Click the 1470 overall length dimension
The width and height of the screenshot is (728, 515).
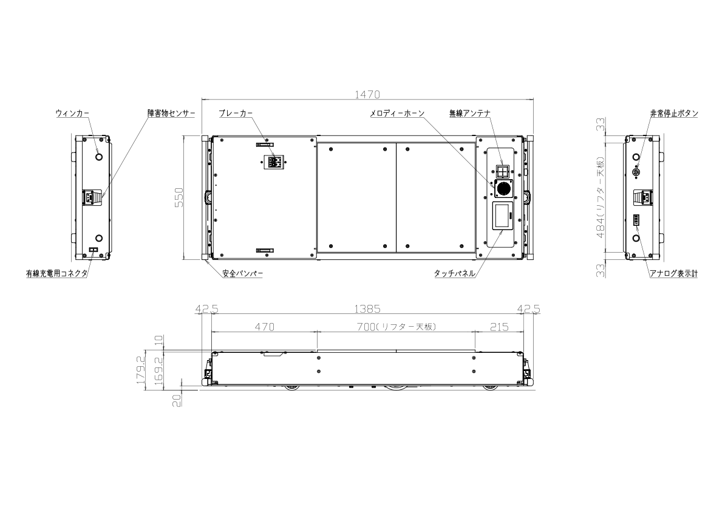pos(367,95)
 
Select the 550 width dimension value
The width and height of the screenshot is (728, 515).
pos(179,197)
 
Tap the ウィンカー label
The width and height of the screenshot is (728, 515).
pos(72,114)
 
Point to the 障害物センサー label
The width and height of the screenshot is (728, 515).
pos(171,114)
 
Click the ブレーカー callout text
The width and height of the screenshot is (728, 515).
pos(236,114)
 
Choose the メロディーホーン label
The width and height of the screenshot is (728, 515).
pos(397,114)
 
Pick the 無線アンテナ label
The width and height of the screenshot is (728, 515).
pos(469,114)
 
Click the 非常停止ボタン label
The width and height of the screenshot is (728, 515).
pos(674,114)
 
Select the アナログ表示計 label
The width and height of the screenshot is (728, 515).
pos(674,273)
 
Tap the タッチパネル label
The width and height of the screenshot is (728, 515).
pos(455,273)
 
